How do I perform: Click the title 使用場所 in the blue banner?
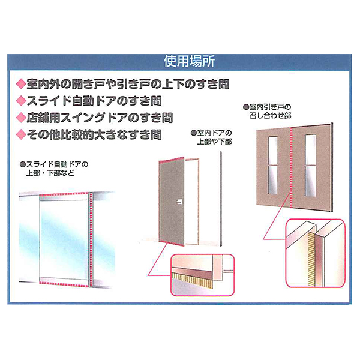pyautogui.click(x=190, y=62)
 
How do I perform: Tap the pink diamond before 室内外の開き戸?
pyautogui.click(x=21, y=84)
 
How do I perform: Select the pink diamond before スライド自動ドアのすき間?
pyautogui.click(x=21, y=101)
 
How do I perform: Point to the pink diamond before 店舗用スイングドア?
pyautogui.click(x=21, y=118)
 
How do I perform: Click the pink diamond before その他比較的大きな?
pyautogui.click(x=21, y=134)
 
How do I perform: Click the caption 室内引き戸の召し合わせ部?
pyautogui.click(x=268, y=112)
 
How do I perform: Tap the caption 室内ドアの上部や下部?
pyautogui.click(x=212, y=137)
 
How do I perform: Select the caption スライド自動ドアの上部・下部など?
pyautogui.click(x=54, y=169)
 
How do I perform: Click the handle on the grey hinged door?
pyautogui.click(x=179, y=202)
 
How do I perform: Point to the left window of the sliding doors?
pyautogui.click(x=273, y=166)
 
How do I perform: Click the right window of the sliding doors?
pyautogui.click(x=310, y=166)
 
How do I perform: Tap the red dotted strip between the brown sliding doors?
pyautogui.click(x=292, y=167)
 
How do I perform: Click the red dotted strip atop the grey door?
pyautogui.click(x=172, y=160)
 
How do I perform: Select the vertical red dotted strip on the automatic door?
pyautogui.click(x=91, y=239)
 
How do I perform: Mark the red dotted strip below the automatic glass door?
pyautogui.click(x=64, y=284)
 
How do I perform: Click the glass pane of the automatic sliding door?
pyautogui.click(x=64, y=239)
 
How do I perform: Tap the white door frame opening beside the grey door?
pyautogui.click(x=192, y=202)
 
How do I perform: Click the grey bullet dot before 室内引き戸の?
pyautogui.click(x=246, y=107)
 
